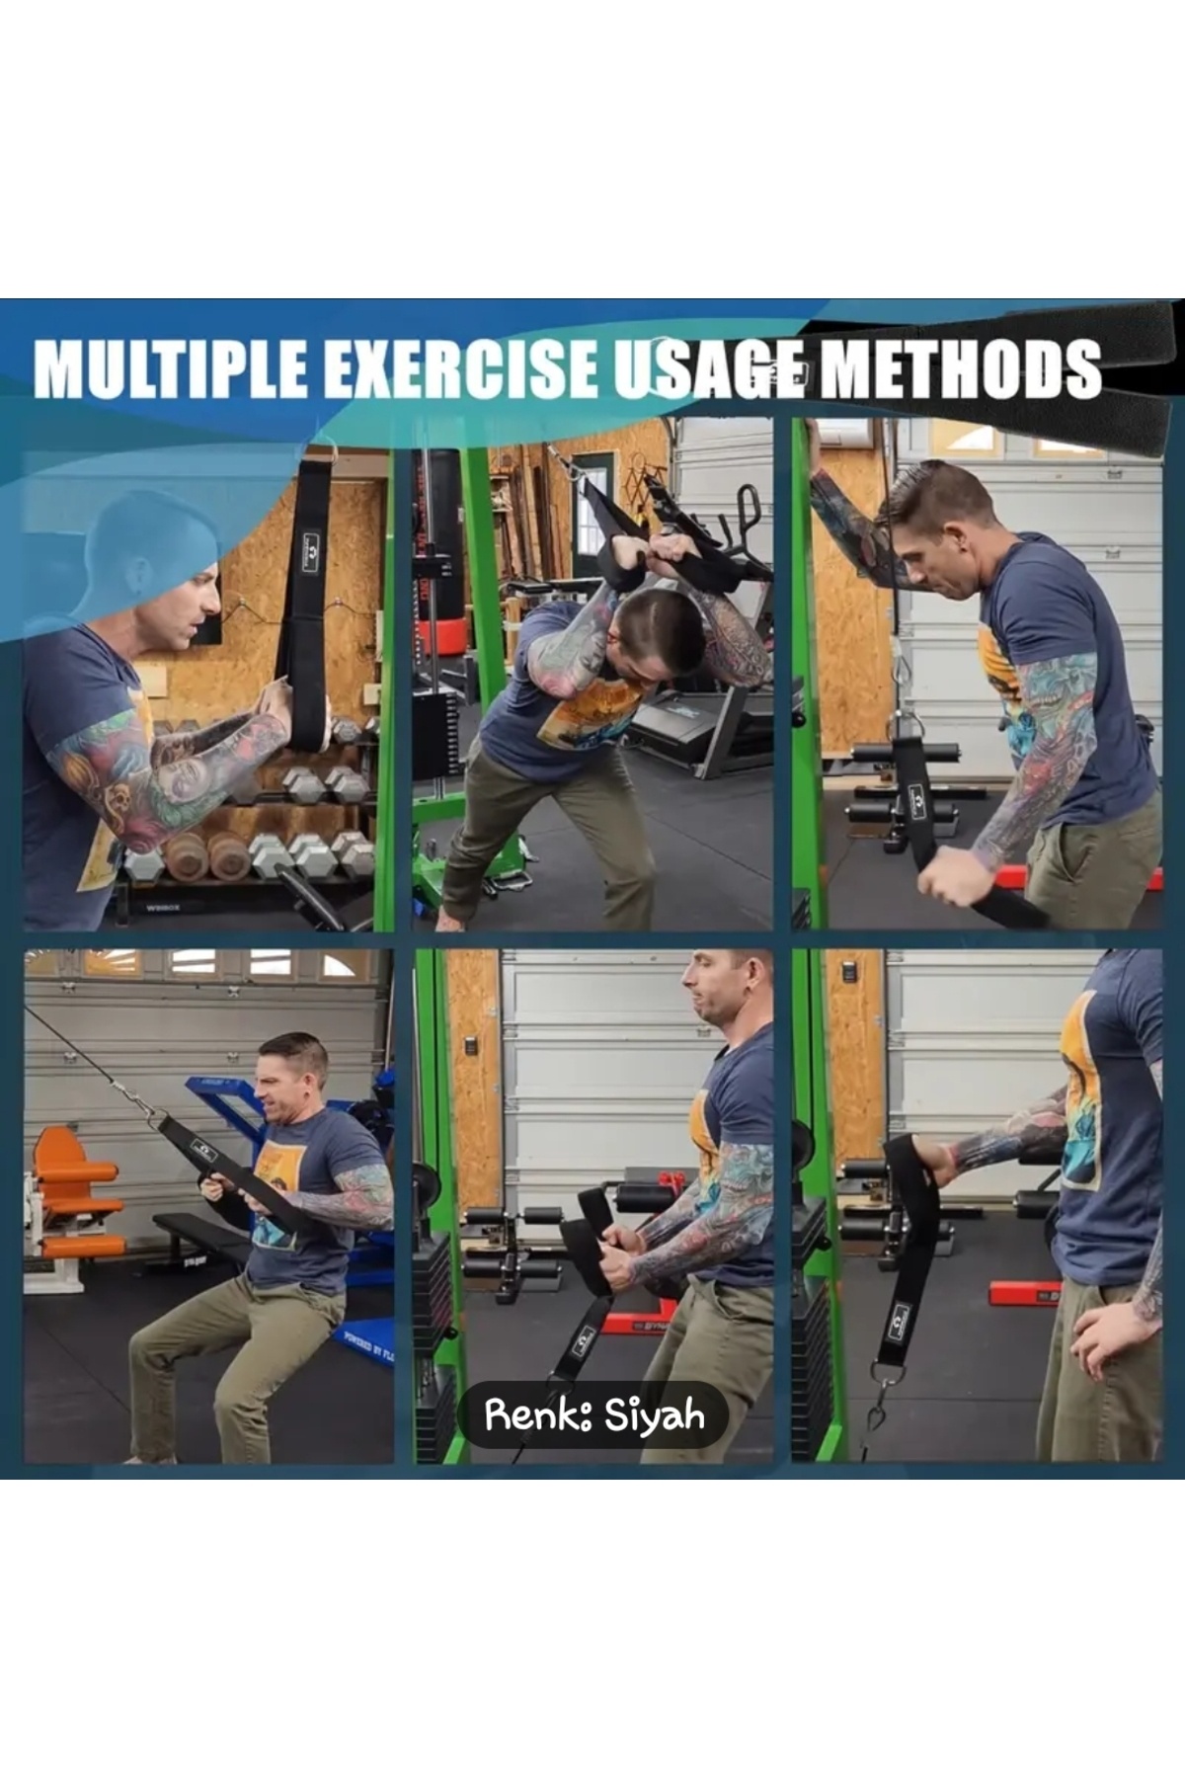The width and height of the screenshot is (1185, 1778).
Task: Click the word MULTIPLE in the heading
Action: coord(171,368)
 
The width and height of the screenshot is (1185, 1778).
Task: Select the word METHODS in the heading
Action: coord(960,368)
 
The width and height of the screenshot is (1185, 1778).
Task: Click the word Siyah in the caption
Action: coord(655,1415)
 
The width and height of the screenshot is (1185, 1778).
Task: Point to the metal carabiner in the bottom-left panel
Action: coord(135,1098)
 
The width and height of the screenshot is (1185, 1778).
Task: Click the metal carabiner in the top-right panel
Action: coord(902,673)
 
